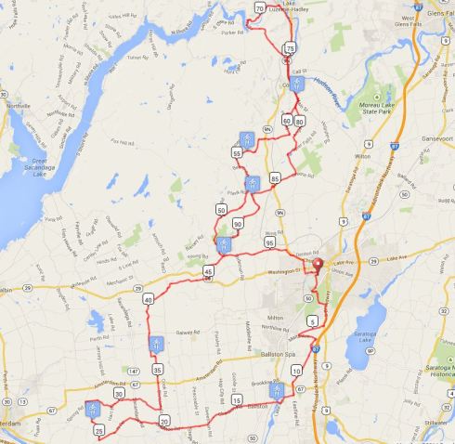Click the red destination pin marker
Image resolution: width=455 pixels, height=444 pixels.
[x=316, y=263]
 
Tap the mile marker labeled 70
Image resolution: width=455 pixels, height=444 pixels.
[x=258, y=8]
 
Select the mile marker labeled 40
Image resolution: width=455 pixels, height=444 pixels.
[x=149, y=299]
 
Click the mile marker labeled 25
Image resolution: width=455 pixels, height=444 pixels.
[x=99, y=430]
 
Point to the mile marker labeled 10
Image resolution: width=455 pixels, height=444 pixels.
[x=296, y=370]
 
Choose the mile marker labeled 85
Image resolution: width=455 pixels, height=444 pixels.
[x=275, y=177]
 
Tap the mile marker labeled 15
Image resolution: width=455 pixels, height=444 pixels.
[x=238, y=400]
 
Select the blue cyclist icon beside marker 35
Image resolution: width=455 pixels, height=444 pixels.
[x=157, y=345]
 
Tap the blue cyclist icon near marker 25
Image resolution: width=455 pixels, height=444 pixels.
[x=92, y=407]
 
